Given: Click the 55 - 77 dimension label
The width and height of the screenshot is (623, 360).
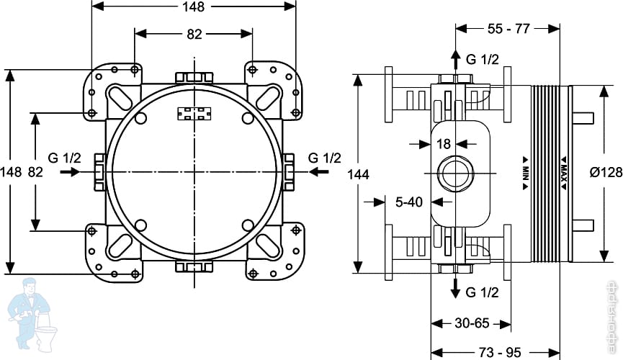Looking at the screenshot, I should pyautogui.click(x=508, y=30).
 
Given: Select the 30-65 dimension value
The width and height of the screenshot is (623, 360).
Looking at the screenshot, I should pyautogui.click(x=472, y=323).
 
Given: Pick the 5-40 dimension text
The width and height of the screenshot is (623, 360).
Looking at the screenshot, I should pyautogui.click(x=408, y=203).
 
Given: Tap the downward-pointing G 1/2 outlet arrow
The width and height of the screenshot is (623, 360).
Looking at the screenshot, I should pyautogui.click(x=455, y=288).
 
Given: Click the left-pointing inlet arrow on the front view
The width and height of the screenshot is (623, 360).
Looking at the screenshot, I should pyautogui.click(x=318, y=173).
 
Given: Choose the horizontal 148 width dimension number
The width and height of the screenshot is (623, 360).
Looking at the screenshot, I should pyautogui.click(x=194, y=7).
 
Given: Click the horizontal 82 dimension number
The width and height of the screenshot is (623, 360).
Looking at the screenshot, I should pyautogui.click(x=194, y=35).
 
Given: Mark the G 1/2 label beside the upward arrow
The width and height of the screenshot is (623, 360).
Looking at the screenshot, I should pyautogui.click(x=482, y=59).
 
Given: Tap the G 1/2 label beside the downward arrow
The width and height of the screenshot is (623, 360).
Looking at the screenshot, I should pyautogui.click(x=482, y=292).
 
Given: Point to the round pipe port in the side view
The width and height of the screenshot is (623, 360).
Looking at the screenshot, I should pyautogui.click(x=455, y=173).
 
